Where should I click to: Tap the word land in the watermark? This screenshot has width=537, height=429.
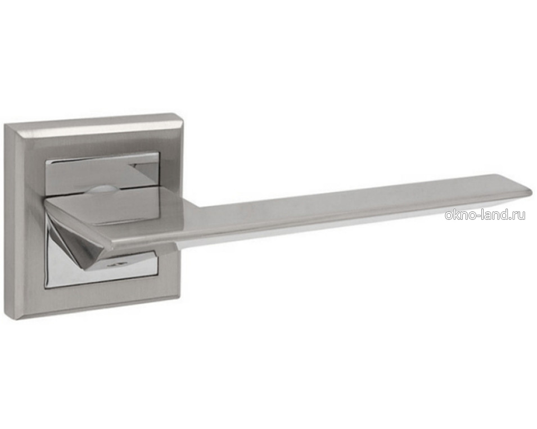tap(495, 215)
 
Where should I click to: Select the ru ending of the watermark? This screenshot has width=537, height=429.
tap(519, 216)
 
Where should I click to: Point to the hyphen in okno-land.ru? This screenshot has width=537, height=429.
tap(480, 216)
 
